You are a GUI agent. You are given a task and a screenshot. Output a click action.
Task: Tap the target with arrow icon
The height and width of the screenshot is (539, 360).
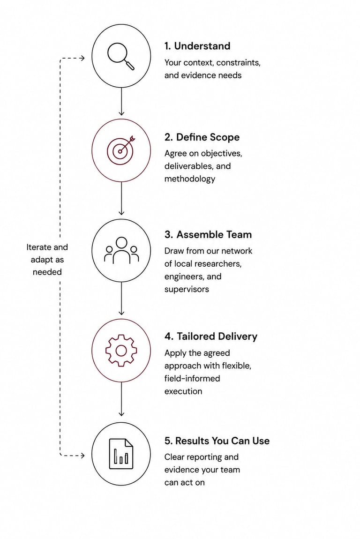(x=120, y=150)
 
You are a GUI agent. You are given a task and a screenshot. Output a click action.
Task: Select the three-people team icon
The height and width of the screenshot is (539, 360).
(x=121, y=250)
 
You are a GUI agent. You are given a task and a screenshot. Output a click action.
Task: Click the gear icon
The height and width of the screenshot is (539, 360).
(x=121, y=350)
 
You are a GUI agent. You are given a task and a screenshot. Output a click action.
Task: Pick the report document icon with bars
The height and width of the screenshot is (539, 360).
(x=121, y=454)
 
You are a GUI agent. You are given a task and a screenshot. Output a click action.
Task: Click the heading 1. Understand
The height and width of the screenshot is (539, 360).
(x=197, y=46)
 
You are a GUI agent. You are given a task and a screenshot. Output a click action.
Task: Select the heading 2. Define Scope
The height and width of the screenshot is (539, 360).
(x=202, y=137)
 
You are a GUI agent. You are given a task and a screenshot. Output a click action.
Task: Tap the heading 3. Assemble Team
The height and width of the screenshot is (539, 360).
(x=208, y=234)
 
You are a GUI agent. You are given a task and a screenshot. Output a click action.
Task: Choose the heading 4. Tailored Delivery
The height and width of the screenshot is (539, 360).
(x=211, y=336)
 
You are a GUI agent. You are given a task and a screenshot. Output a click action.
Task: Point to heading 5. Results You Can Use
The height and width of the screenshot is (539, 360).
(x=217, y=441)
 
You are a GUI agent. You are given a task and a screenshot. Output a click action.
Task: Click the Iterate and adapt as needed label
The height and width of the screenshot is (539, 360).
(x=47, y=260)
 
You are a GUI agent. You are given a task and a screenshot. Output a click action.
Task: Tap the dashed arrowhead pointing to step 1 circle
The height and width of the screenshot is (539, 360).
(x=82, y=58)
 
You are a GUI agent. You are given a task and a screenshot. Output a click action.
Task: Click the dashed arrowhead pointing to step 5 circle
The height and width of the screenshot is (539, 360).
(x=82, y=456)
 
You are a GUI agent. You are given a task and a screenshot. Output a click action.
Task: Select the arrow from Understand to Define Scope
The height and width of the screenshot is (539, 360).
(x=121, y=101)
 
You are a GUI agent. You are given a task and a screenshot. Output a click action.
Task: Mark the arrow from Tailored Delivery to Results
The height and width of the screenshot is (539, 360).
(x=121, y=399)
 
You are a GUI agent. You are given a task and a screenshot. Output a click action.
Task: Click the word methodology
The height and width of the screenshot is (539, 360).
(x=189, y=179)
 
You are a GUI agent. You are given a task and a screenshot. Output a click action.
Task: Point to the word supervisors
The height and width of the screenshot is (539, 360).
(x=187, y=290)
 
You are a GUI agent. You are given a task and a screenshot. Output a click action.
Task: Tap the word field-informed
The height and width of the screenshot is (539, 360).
(x=192, y=378)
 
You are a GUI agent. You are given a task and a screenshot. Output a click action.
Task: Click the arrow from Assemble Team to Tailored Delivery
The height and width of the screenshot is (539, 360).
(x=121, y=299)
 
